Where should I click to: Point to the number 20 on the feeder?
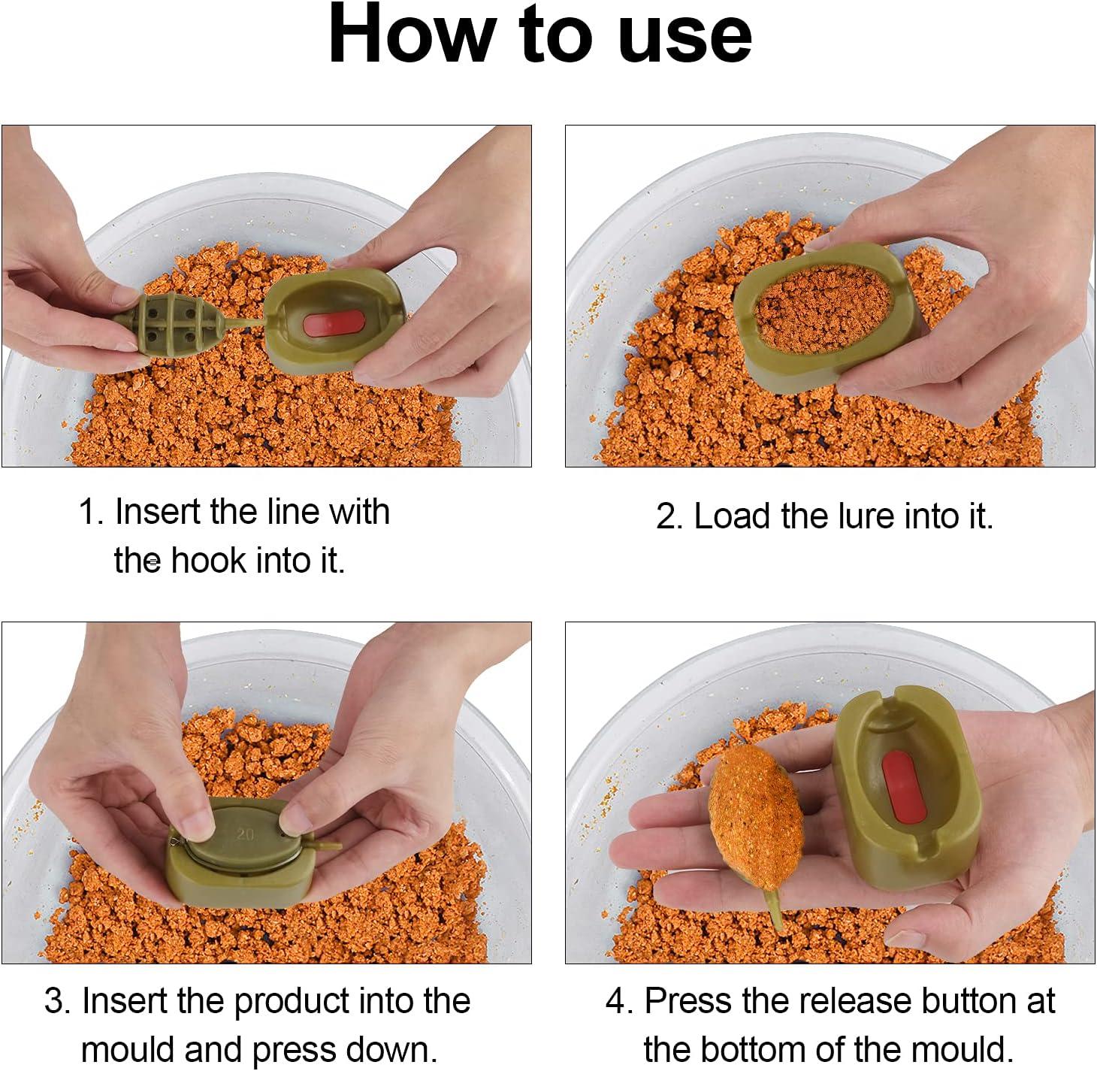246,834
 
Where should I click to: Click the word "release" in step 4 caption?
856,1001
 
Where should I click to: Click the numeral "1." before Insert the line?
90,513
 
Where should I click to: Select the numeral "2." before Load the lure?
669,517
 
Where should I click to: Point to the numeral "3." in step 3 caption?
57,1002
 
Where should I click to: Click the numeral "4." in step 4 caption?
620,1002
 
